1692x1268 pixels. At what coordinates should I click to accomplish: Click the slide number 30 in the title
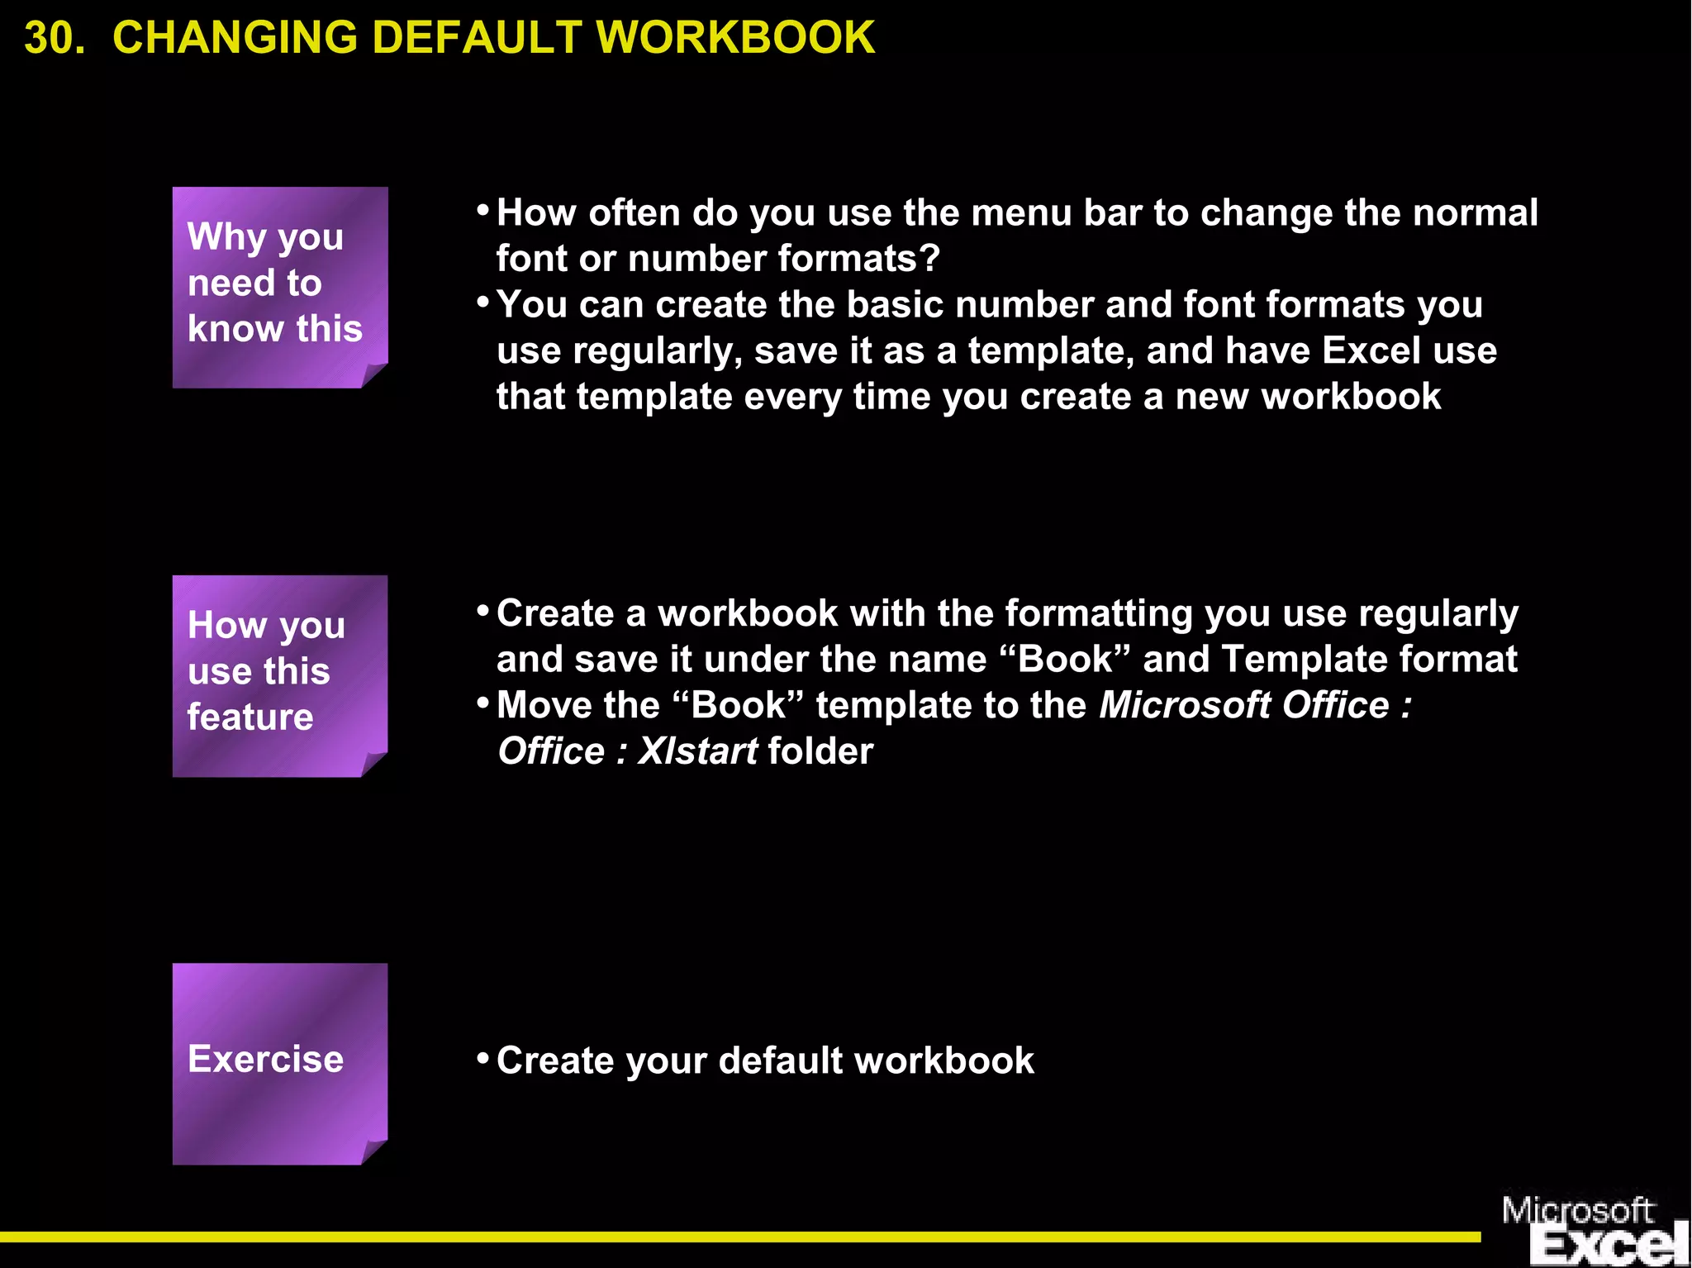coord(54,38)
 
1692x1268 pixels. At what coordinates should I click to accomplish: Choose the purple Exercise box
coord(279,1063)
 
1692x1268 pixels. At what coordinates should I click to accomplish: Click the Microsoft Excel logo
coord(1593,1229)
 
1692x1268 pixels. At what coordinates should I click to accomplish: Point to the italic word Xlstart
coord(697,751)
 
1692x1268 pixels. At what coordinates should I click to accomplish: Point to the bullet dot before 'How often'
coord(483,210)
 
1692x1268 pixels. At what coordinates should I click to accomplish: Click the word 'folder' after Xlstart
coord(820,751)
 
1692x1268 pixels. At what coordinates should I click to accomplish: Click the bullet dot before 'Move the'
coord(483,703)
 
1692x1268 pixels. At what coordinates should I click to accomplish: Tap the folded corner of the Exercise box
coord(374,1151)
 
